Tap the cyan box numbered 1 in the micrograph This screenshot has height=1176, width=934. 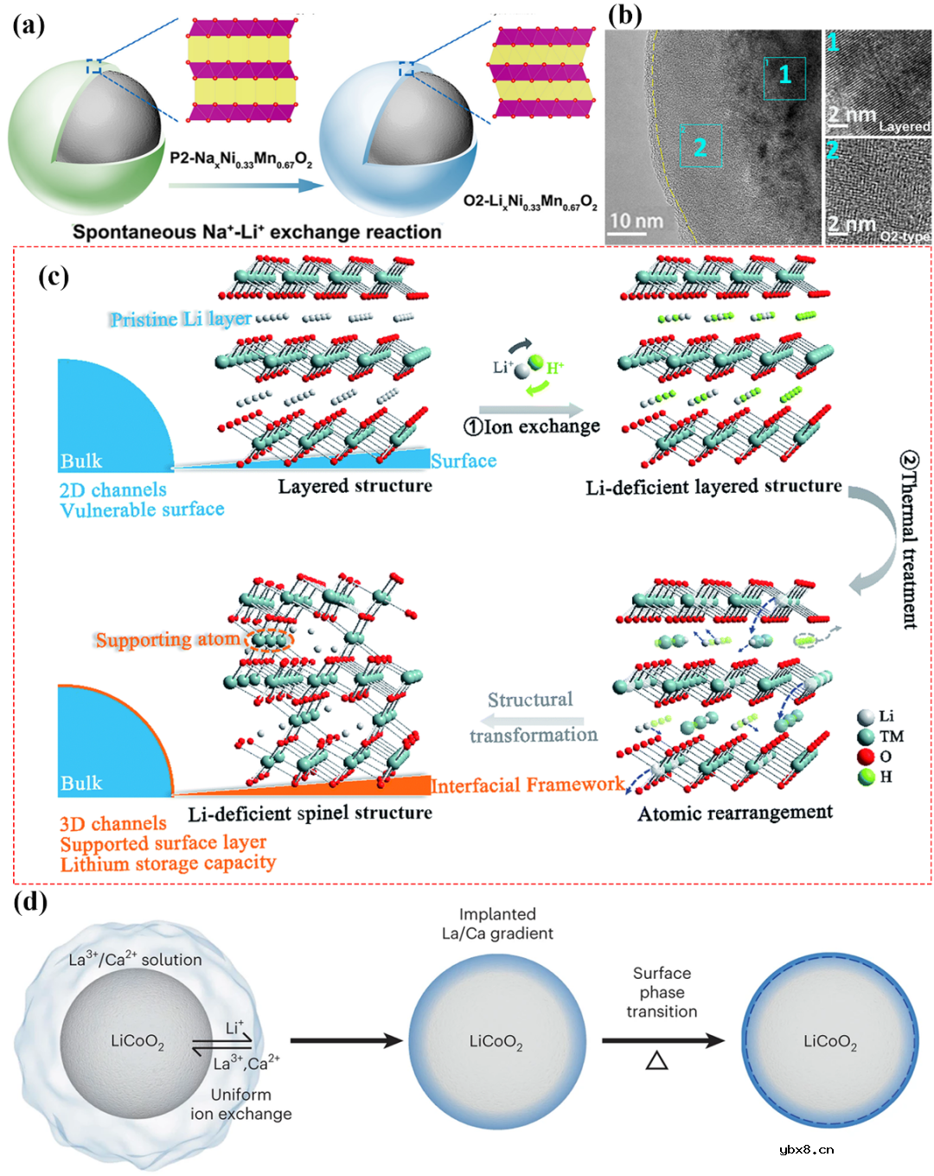coord(784,77)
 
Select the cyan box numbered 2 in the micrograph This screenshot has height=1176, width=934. coord(700,146)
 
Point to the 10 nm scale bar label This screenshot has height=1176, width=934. coord(636,221)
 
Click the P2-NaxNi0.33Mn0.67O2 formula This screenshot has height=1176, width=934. coord(240,159)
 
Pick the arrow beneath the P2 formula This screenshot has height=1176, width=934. coord(246,184)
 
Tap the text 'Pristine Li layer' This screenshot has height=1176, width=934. coord(180,319)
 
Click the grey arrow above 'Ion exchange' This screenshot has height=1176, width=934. coord(531,409)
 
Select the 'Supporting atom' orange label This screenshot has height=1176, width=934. coord(168,640)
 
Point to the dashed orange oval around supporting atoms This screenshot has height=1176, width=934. coord(269,640)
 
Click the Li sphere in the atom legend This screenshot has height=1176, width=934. coord(865,717)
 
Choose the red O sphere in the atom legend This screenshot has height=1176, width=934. coord(865,757)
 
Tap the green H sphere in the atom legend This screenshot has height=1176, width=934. coord(865,777)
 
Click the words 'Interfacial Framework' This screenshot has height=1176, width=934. coord(528,785)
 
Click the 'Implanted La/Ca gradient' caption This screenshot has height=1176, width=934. coord(497,924)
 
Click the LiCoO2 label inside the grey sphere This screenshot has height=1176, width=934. coord(137,1041)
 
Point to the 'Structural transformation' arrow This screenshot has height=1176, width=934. coord(532,720)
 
